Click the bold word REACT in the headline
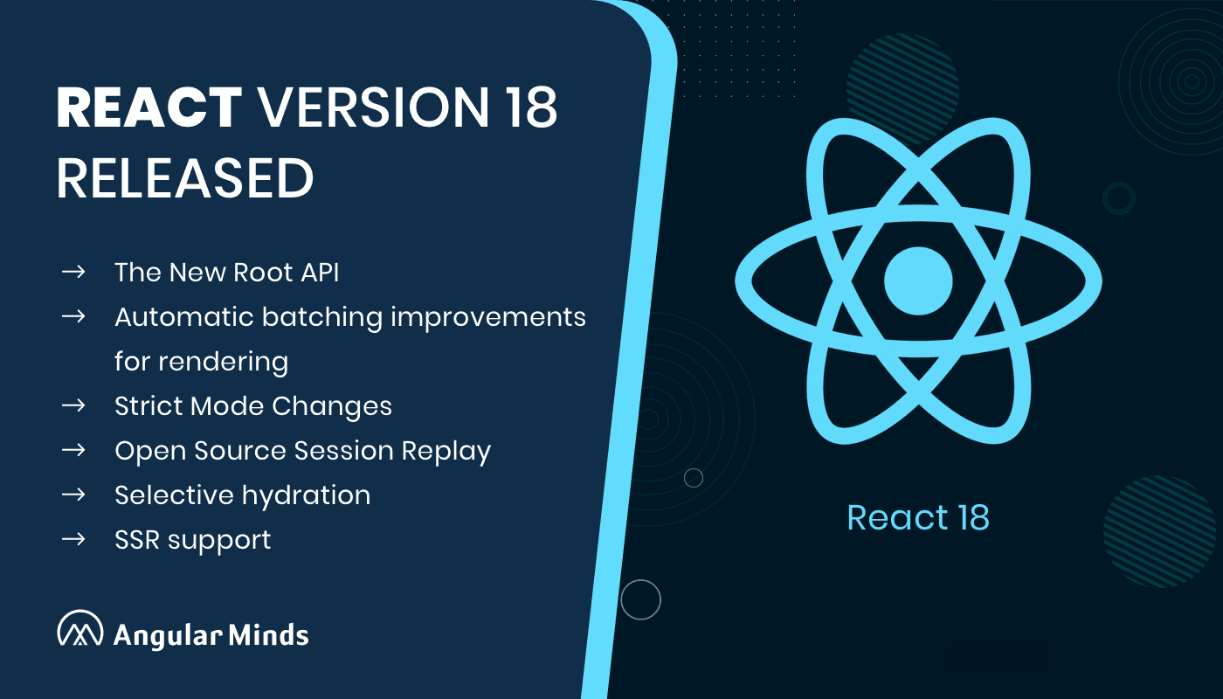[x=149, y=109]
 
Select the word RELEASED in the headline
[x=185, y=178]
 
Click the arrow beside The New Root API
[x=73, y=272]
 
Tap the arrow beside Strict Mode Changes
[x=73, y=405]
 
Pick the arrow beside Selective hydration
[x=73, y=495]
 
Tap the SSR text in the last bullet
[x=135, y=540]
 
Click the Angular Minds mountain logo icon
[x=80, y=629]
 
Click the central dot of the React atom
[x=918, y=280]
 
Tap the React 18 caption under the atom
[x=918, y=517]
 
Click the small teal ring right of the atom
[x=1118, y=198]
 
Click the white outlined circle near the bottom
[x=640, y=599]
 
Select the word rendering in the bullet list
[x=201, y=362]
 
